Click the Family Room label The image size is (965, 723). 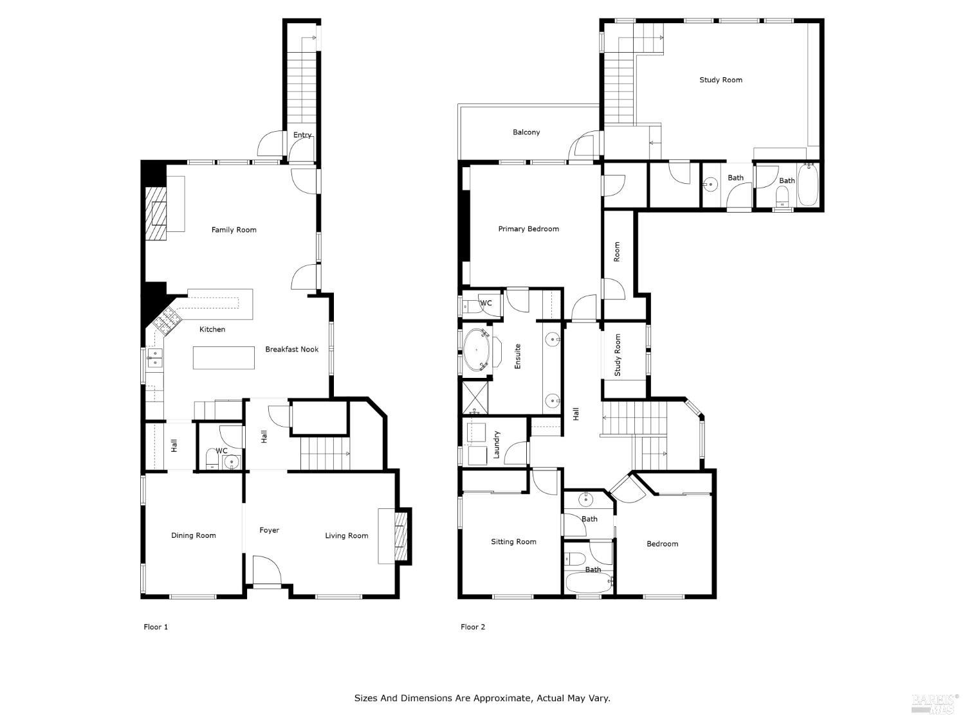pos(234,229)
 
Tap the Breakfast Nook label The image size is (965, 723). pos(291,350)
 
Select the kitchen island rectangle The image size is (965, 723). pos(224,358)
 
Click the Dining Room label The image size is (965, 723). pos(193,535)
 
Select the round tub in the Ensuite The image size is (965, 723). pos(477,350)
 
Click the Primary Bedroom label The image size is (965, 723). pos(528,229)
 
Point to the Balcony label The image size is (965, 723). pos(526,132)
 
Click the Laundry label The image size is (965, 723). pos(497,444)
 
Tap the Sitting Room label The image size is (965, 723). pos(513,542)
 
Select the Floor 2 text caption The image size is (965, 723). pos(473,627)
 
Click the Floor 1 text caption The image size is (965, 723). pos(156,627)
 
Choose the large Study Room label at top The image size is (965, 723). pos(721,80)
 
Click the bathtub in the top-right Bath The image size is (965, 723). pos(807,186)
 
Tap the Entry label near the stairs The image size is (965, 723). pos(302,135)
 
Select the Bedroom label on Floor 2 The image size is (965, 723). pos(662,544)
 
